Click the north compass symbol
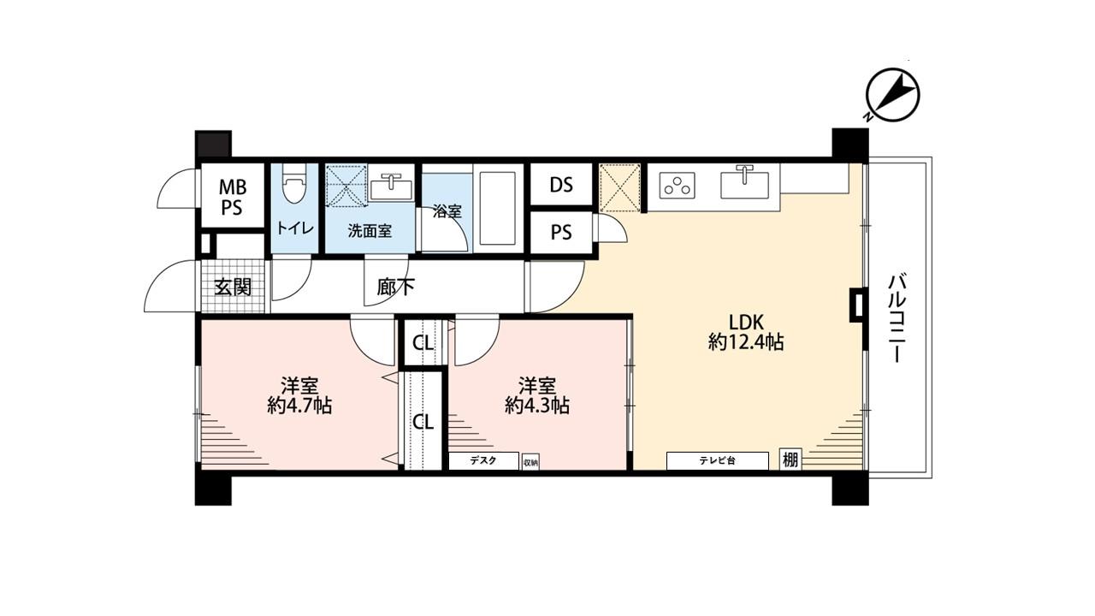892,96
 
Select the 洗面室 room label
370,231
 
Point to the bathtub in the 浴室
498,208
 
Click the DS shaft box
561,185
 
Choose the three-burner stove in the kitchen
677,186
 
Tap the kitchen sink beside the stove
744,186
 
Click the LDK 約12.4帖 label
746,333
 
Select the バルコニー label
897,319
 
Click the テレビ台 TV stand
717,460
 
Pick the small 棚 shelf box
790,459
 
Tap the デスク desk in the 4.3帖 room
483,461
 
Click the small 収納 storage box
530,462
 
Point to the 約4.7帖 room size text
299,406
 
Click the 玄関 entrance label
234,287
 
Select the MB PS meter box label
233,197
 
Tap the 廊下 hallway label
395,287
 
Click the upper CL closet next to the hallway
423,343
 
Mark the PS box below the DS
561,233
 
